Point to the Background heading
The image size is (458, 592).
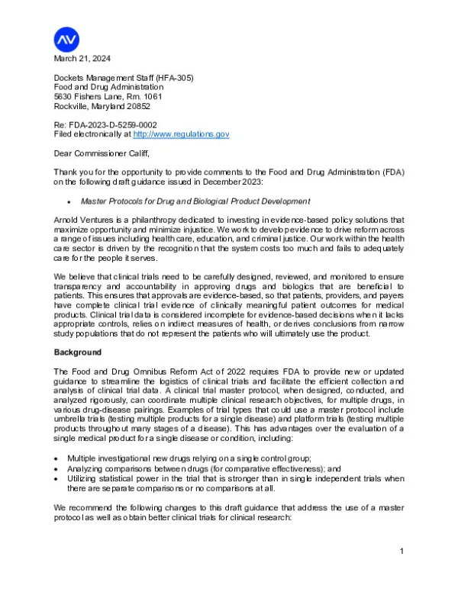tap(78, 353)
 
